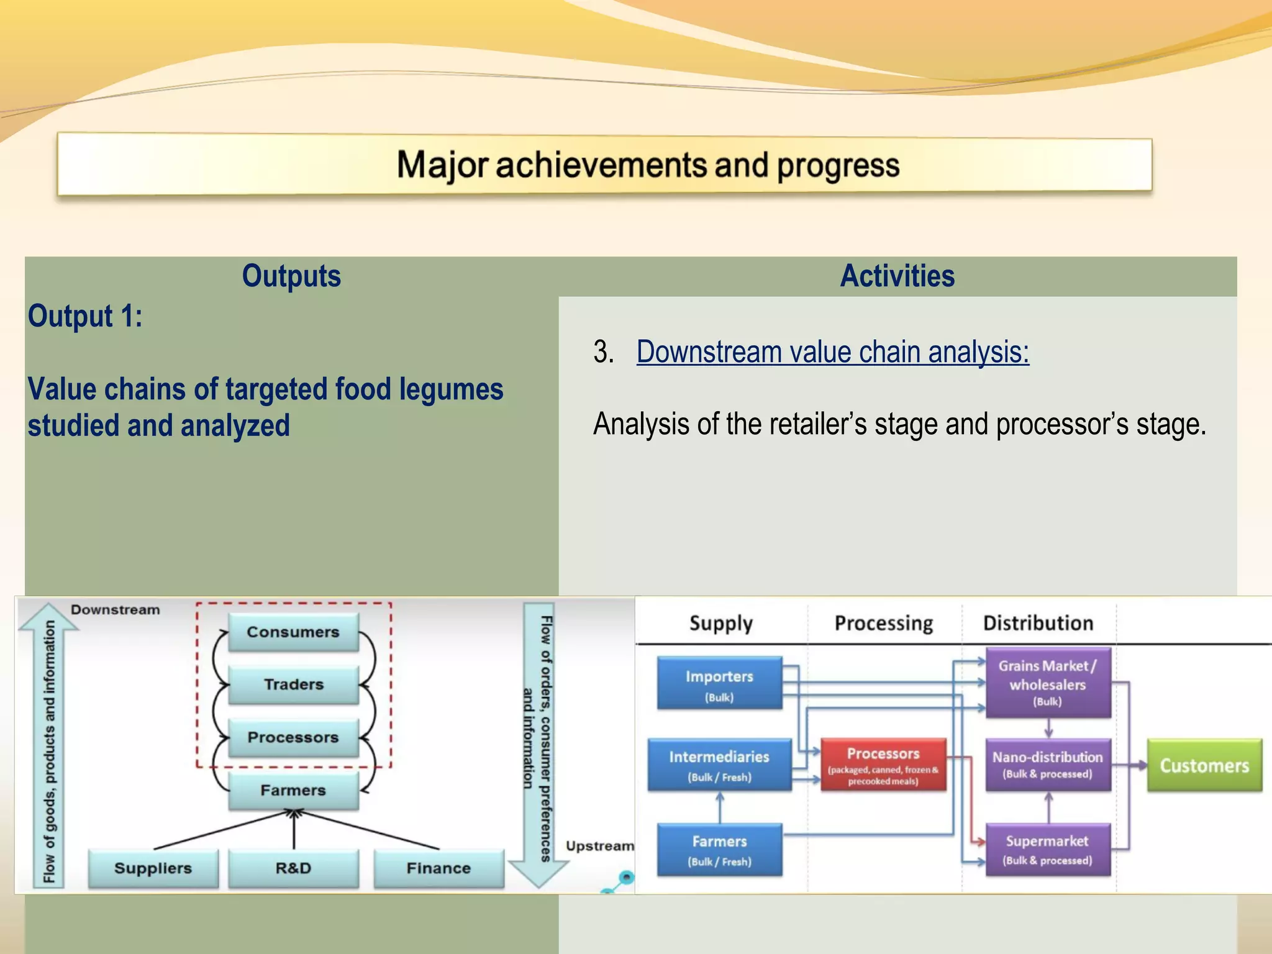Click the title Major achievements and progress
pos(648,165)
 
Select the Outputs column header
pos(291,276)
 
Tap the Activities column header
pos(897,276)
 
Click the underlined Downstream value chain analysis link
pos(832,352)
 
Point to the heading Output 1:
pos(85,316)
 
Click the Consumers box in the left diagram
pos(293,632)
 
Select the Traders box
pos(293,684)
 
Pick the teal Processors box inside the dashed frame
pos(293,737)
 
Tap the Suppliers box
pos(153,868)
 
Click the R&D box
pos(293,868)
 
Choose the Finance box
pos(438,868)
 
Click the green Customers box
pos(1204,765)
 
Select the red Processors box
pos(883,765)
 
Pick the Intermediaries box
pos(719,765)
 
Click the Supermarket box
pos(1048,849)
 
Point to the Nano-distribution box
pos(1048,765)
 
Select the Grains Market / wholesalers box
pos(1048,683)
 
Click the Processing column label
pos(883,623)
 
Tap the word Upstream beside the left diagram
pos(599,846)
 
